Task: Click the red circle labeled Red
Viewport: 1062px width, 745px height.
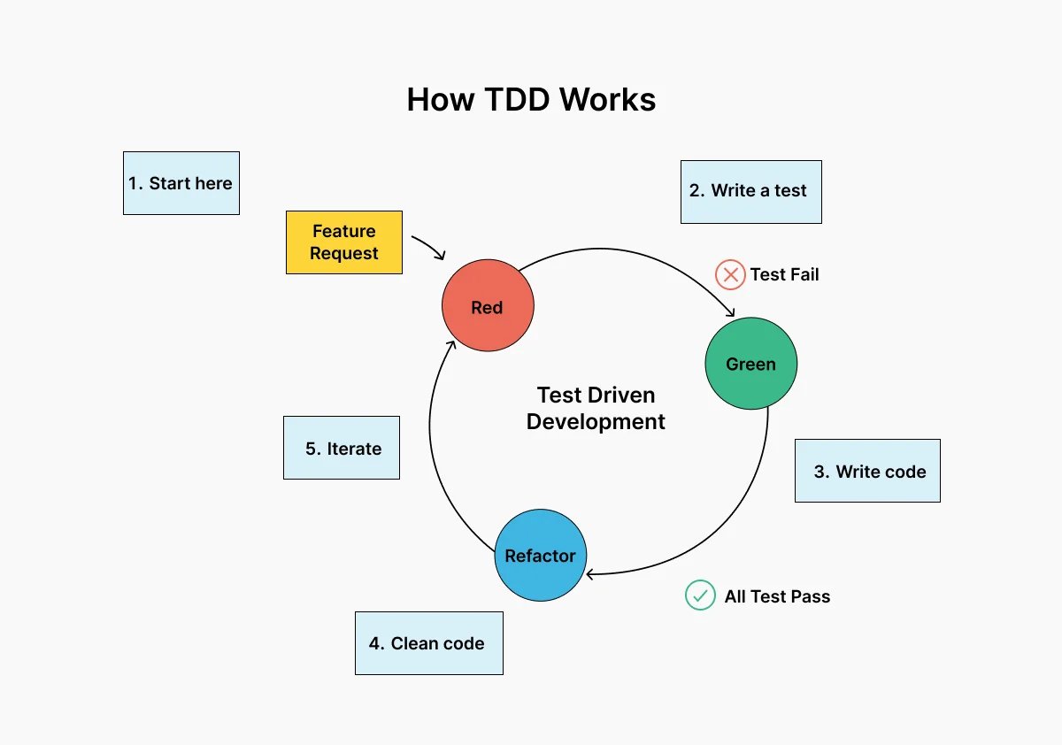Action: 488,306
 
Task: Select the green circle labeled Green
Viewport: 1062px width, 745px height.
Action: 750,364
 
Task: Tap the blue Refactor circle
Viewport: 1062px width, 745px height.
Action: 540,556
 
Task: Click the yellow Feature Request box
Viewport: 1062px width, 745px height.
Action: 344,242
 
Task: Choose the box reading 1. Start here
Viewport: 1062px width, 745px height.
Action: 181,183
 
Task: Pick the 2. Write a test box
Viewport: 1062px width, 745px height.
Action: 750,191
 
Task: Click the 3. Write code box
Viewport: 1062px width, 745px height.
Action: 867,471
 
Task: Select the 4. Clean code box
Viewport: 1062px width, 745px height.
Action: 428,643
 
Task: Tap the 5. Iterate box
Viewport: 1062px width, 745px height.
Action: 342,449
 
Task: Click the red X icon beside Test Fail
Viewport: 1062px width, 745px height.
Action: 730,274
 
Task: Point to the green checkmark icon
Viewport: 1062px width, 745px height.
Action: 700,595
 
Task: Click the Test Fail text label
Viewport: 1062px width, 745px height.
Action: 784,274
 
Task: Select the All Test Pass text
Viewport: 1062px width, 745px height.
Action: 777,596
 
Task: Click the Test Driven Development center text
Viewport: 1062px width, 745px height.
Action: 596,409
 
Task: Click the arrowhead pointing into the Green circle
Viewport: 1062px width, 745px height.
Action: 730,311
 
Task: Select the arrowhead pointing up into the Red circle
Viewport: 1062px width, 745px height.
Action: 450,348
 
